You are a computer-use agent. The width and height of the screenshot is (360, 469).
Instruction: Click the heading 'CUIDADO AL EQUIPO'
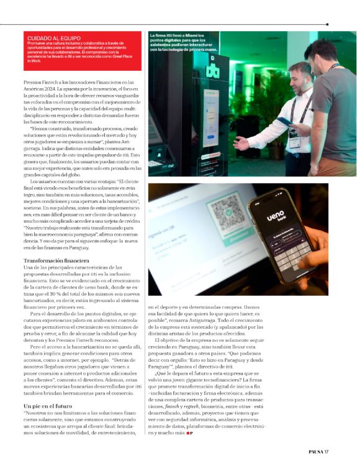(44, 37)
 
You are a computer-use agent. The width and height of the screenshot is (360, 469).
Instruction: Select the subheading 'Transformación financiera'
(56, 260)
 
